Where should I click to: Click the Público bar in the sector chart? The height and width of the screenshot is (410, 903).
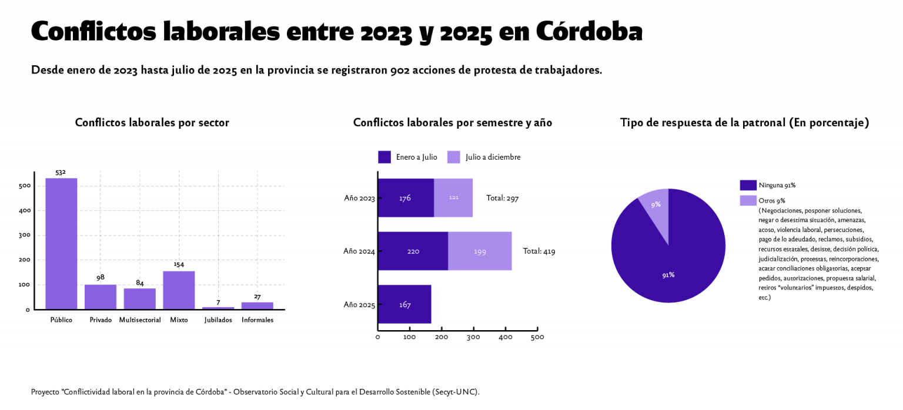tap(61, 243)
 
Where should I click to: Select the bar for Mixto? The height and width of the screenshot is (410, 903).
tap(179, 290)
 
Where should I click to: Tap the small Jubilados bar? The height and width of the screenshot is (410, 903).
tap(218, 308)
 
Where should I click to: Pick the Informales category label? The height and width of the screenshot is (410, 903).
tap(257, 320)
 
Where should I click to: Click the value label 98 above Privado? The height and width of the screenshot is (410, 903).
tap(101, 277)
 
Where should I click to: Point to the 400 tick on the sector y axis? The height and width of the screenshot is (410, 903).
tap(25, 210)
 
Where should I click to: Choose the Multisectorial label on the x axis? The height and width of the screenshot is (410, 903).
tap(140, 320)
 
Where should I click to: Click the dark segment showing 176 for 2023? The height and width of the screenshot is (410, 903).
tap(406, 198)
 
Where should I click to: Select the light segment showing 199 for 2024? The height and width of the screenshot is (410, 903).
tap(480, 251)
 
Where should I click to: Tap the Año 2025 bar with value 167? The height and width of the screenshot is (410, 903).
tap(404, 304)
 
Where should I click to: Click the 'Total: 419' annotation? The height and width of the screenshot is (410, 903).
tap(539, 251)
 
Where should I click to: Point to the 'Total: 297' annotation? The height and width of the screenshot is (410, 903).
tap(503, 198)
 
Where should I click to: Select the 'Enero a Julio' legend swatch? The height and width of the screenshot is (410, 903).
tap(384, 157)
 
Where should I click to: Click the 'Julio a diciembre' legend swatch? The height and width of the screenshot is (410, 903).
tap(454, 157)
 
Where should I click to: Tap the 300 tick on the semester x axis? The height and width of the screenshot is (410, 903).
tap(474, 337)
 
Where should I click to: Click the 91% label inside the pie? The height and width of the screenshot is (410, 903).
tap(668, 275)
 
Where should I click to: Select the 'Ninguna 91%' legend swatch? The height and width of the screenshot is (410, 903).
tap(748, 185)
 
